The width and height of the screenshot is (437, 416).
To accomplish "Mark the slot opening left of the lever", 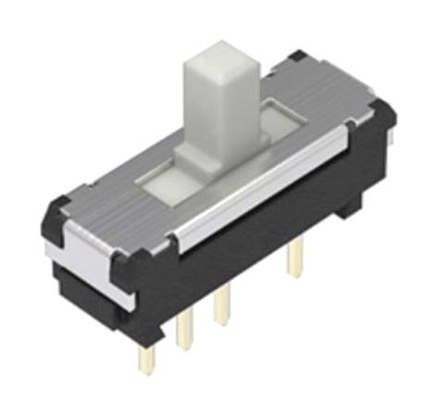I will pos(162,182).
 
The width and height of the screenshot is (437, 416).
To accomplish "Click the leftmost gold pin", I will pos(146,357).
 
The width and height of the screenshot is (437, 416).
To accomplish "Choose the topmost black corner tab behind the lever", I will pos(298,57).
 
